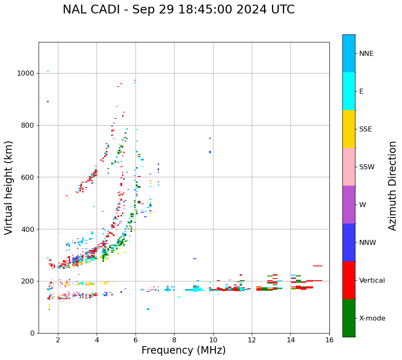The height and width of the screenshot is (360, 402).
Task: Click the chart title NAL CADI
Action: click(178, 10)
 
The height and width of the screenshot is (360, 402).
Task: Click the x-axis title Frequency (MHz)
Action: click(183, 350)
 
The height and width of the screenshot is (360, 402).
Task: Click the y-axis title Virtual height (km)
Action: click(9, 188)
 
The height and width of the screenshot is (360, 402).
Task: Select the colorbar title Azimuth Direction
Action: click(392, 186)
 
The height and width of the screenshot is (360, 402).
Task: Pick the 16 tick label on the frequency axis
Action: click(329, 340)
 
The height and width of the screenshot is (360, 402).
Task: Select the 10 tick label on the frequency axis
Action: click(213, 340)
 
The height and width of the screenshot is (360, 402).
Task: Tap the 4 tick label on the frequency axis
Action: click(97, 340)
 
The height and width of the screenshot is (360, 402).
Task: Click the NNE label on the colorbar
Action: click(366, 54)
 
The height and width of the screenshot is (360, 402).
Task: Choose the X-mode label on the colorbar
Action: click(372, 318)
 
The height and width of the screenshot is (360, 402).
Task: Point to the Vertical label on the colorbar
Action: click(372, 281)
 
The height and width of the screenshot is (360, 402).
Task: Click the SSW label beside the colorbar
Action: click(367, 167)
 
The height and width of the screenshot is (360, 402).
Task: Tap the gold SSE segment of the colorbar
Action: click(349, 129)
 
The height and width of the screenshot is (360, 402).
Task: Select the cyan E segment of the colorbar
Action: click(349, 91)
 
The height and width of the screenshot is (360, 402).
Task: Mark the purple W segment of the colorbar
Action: click(349, 205)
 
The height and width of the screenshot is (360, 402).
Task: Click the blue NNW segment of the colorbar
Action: click(349, 242)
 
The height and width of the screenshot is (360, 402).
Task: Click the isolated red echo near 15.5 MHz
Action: click(317, 266)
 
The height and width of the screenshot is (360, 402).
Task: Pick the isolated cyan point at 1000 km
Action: click(48, 71)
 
